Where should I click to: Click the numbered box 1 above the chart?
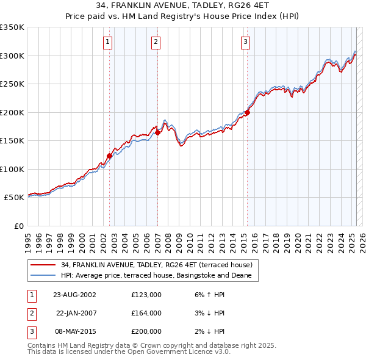click(x=107, y=42)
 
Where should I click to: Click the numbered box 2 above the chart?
click(x=156, y=42)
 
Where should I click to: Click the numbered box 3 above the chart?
click(x=245, y=42)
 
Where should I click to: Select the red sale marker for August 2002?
click(x=110, y=156)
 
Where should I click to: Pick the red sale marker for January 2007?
click(x=157, y=132)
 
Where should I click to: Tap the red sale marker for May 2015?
click(x=247, y=112)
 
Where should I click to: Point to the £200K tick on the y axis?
click(x=12, y=112)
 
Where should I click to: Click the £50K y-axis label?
click(x=14, y=198)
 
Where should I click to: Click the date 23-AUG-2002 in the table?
click(x=74, y=295)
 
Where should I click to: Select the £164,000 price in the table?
click(x=146, y=313)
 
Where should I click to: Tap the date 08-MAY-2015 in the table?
click(x=74, y=331)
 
